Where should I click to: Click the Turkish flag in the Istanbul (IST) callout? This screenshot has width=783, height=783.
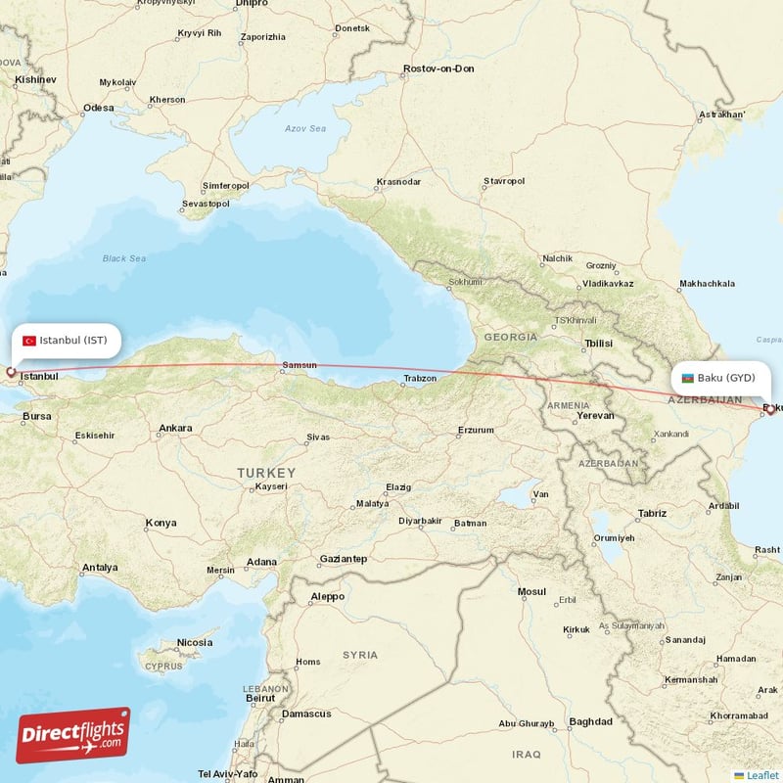click(29, 341)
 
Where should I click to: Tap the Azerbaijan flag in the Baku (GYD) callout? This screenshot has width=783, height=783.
click(687, 378)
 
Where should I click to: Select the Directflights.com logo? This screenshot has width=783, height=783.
click(73, 735)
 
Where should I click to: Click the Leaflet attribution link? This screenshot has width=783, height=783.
click(761, 775)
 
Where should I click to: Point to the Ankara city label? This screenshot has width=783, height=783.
click(175, 428)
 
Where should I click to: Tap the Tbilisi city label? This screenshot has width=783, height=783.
click(597, 344)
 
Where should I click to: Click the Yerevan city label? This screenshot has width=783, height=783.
click(595, 415)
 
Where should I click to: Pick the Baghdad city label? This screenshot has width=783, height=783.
click(590, 722)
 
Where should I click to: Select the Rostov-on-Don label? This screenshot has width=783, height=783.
click(438, 69)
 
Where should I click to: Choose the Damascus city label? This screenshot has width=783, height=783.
click(306, 714)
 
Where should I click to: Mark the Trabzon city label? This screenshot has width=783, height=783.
click(419, 379)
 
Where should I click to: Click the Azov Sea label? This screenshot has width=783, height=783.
click(304, 128)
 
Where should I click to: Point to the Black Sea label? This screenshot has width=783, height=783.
click(124, 258)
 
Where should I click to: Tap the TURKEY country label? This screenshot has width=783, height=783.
click(265, 473)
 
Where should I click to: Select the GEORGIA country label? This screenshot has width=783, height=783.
click(509, 337)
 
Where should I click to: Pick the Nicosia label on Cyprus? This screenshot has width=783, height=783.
click(194, 642)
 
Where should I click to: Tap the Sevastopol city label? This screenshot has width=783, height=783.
click(205, 204)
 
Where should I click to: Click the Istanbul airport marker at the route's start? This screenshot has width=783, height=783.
click(11, 372)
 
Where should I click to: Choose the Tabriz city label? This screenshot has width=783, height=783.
click(651, 513)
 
